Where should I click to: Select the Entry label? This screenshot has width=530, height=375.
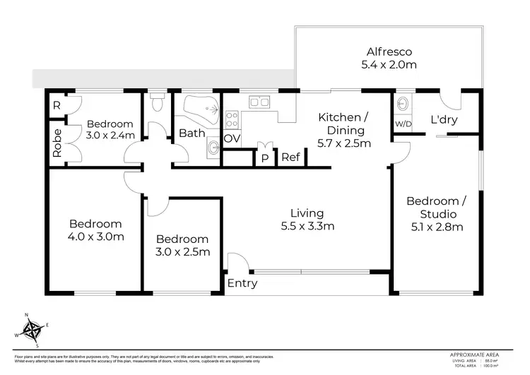point(242,284)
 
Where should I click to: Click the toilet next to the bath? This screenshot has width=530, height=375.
point(158,103)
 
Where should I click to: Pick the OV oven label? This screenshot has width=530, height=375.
point(232,138)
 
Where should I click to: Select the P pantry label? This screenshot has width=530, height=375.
point(264,158)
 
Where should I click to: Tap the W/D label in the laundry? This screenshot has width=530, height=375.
point(404,124)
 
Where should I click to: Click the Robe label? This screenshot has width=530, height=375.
point(57,143)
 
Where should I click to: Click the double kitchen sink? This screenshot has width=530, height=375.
point(259,102)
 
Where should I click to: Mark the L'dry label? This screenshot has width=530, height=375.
point(444,120)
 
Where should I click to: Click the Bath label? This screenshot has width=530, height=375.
point(192,133)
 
